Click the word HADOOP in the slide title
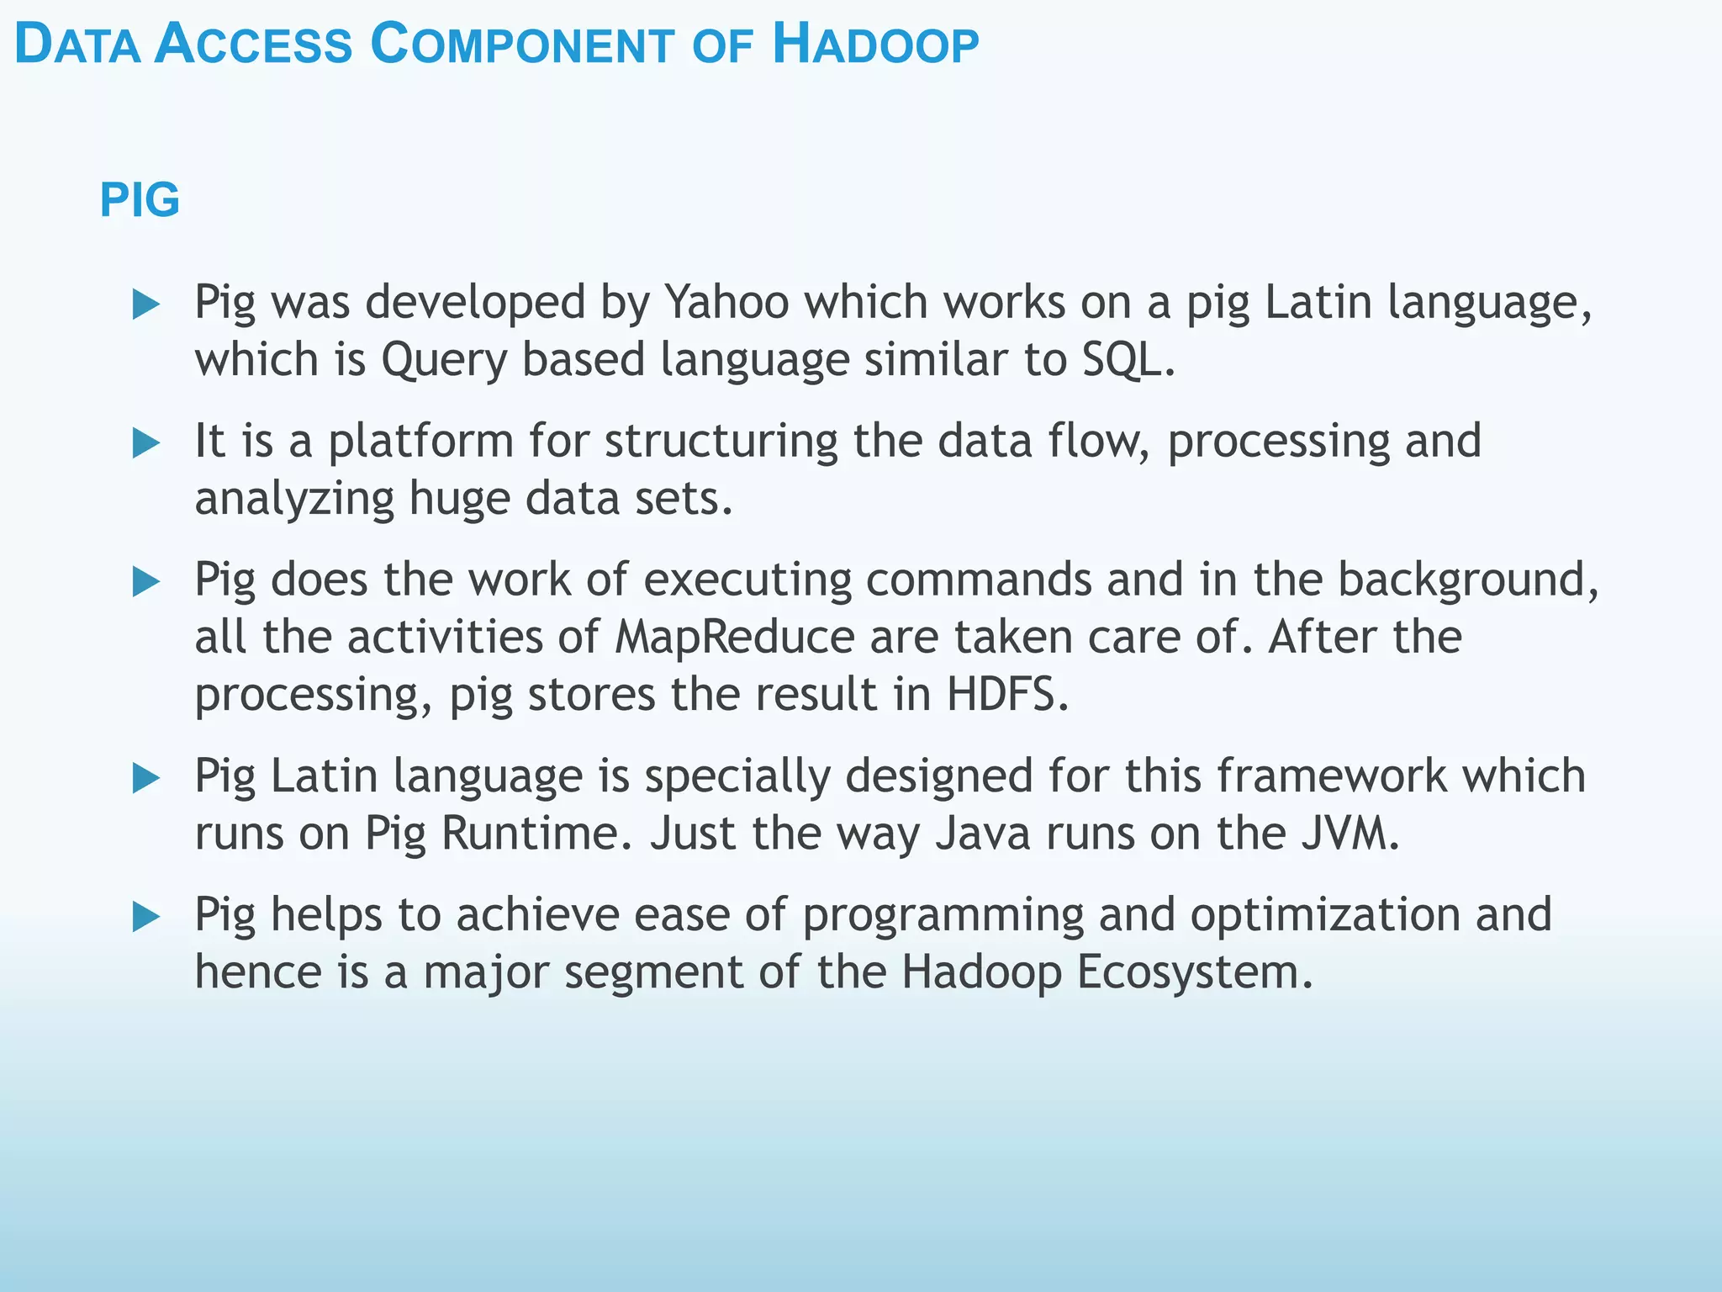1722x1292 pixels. (x=875, y=45)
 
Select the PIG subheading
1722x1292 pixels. (x=140, y=200)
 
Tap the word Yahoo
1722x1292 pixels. (x=727, y=302)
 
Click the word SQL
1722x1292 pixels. (x=1127, y=360)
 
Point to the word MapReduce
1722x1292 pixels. (x=735, y=638)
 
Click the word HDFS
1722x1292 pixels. (x=1006, y=696)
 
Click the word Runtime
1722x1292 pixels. (x=536, y=834)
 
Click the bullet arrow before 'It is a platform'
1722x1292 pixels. (x=146, y=443)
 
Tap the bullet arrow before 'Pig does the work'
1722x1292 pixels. (x=146, y=582)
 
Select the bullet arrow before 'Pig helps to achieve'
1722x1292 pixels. (x=146, y=917)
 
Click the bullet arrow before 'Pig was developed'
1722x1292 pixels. (x=146, y=304)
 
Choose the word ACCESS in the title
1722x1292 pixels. (x=253, y=45)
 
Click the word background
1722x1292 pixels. (x=1467, y=581)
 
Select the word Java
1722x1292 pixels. (x=983, y=834)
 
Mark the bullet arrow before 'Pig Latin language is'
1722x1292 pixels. (x=146, y=778)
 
